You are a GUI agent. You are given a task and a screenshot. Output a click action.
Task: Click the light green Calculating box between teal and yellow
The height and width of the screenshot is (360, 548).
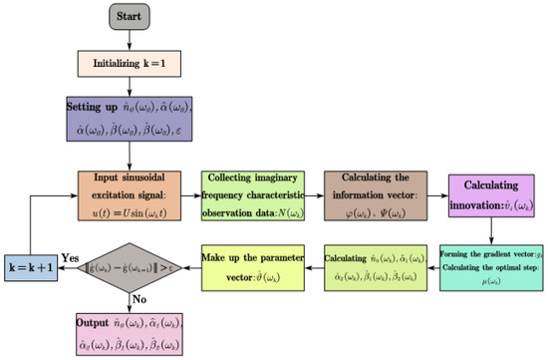click(377, 266)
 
